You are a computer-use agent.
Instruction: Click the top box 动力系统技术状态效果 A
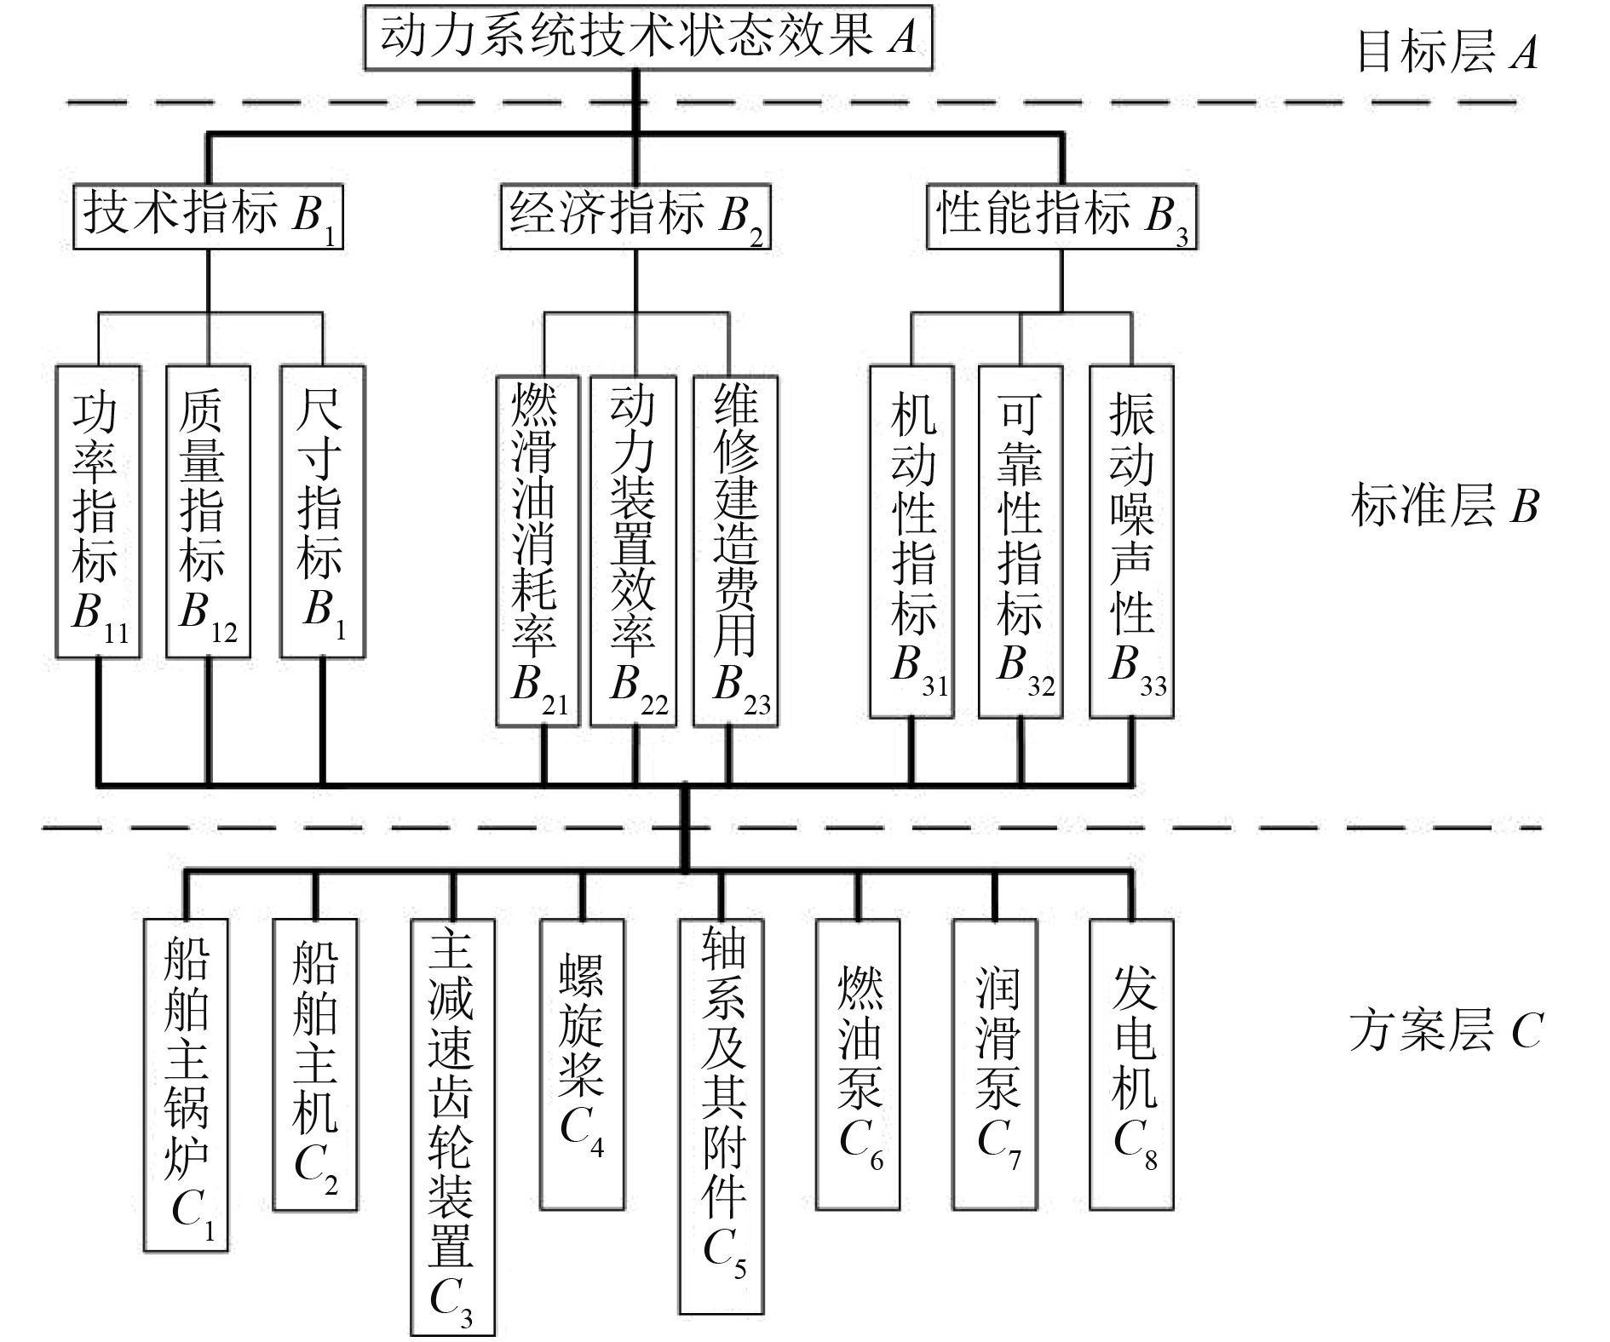pyautogui.click(x=648, y=38)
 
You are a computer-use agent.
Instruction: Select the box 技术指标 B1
pyautogui.click(x=208, y=216)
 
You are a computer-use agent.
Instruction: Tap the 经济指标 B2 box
pyautogui.click(x=635, y=216)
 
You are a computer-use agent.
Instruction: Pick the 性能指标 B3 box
pyautogui.click(x=1061, y=216)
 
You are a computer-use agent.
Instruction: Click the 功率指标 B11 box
pyautogui.click(x=98, y=512)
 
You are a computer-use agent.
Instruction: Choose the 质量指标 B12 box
pyautogui.click(x=208, y=512)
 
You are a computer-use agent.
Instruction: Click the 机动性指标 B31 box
pyautogui.click(x=911, y=542)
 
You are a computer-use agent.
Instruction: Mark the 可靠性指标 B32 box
pyautogui.click(x=1021, y=542)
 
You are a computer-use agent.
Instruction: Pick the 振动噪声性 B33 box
pyautogui.click(x=1132, y=542)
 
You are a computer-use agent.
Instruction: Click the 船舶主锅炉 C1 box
pyautogui.click(x=186, y=1085)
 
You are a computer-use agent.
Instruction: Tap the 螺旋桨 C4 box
pyautogui.click(x=583, y=1064)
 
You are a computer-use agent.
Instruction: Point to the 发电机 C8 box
pyautogui.click(x=1132, y=1064)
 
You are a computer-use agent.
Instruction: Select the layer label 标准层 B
pyautogui.click(x=1446, y=506)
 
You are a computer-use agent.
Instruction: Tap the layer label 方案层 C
pyautogui.click(x=1446, y=1030)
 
